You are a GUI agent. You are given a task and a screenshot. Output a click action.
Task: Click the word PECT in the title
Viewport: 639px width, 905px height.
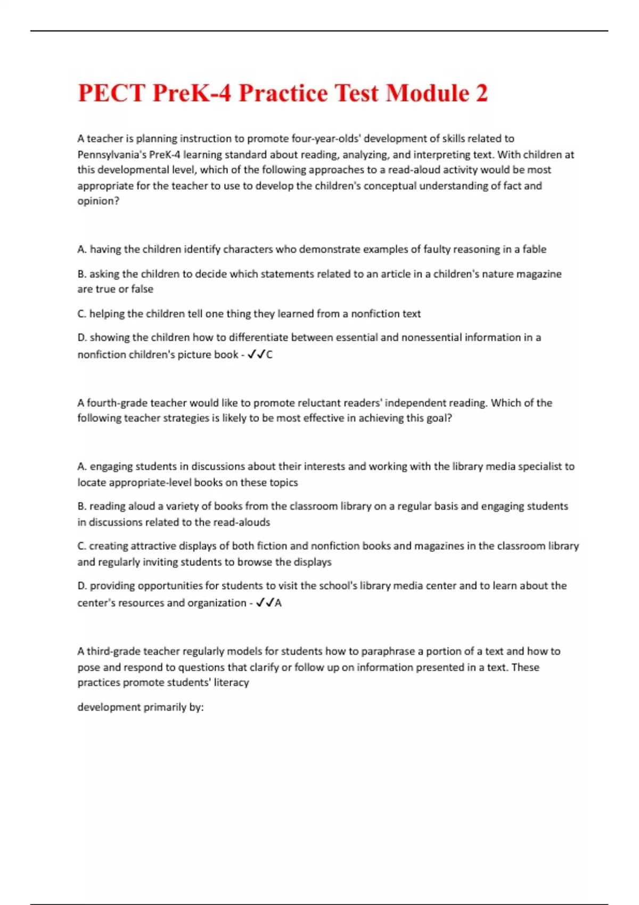click(111, 93)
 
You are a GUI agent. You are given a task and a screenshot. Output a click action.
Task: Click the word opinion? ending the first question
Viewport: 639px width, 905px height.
click(99, 201)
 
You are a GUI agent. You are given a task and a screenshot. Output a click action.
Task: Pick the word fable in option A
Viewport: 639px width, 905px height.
click(534, 249)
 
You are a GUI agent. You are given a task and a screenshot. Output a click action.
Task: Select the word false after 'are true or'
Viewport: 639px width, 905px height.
click(142, 289)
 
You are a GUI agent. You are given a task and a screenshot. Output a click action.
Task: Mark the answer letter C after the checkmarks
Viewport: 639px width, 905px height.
click(269, 355)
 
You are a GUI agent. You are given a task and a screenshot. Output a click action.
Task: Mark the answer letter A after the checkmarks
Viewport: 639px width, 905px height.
click(278, 603)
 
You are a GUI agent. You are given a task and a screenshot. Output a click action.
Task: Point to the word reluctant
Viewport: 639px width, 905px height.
click(275, 403)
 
